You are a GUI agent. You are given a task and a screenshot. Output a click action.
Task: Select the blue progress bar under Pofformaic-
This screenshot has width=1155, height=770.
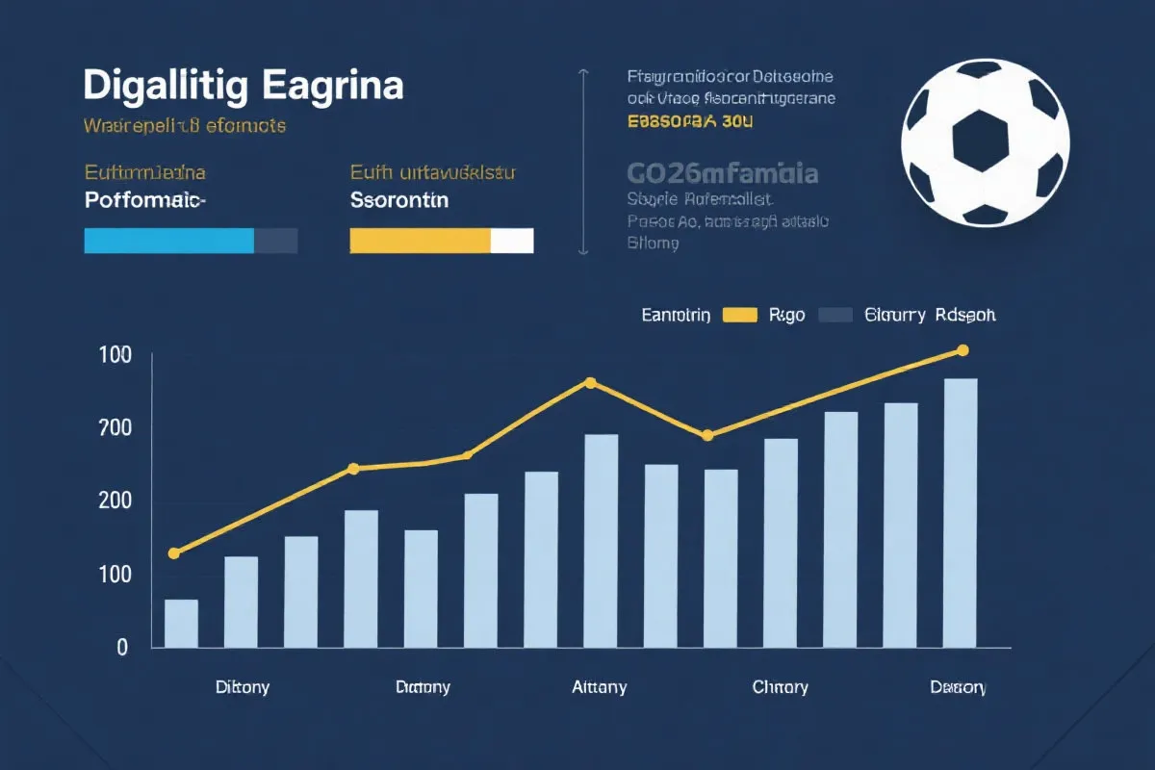tap(169, 241)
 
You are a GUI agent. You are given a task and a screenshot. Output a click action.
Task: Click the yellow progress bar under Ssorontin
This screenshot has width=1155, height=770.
tap(421, 241)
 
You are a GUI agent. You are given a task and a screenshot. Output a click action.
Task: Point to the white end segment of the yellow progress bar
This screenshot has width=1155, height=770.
tap(512, 241)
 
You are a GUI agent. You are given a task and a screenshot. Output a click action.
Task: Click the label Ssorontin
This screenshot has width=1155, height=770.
tap(398, 201)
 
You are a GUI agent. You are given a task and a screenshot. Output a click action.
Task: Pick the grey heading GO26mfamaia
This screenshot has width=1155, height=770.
tap(722, 173)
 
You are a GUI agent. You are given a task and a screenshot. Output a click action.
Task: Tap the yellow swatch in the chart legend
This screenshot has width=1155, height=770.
tap(739, 315)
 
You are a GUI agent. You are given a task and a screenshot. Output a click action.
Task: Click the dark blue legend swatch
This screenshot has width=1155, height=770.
tap(835, 315)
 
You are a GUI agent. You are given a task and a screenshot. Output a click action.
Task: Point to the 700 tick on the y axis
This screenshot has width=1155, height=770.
tap(114, 428)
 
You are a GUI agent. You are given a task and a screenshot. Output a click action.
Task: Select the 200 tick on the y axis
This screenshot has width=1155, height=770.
tap(114, 501)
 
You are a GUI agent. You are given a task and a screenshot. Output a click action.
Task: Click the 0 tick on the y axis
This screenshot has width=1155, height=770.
tap(122, 648)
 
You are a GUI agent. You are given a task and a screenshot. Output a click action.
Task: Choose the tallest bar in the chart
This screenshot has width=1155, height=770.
tap(961, 512)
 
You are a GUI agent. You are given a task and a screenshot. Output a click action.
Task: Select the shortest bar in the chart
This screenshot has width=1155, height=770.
tap(181, 623)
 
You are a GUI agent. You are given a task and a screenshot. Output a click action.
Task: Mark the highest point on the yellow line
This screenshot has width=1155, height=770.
tap(962, 350)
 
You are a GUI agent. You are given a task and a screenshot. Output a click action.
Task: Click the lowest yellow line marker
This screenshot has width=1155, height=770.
tap(174, 553)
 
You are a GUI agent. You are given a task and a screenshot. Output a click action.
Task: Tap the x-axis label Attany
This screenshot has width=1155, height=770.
tap(599, 687)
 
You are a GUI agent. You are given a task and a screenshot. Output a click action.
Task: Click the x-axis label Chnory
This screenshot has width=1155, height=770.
tap(780, 687)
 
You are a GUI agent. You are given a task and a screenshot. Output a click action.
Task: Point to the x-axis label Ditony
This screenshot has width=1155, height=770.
tap(243, 687)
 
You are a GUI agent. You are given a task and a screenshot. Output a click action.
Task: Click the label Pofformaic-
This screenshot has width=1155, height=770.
tap(144, 201)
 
